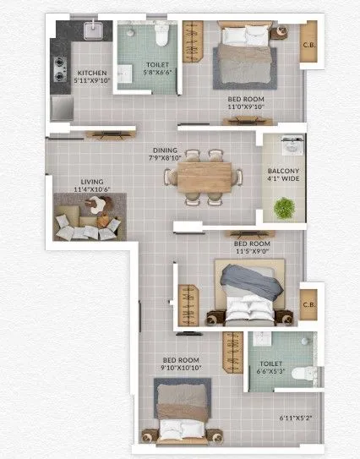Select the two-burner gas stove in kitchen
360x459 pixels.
60,67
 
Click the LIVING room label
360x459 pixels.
92,181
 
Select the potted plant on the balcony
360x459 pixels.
284,207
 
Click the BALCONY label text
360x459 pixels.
282,168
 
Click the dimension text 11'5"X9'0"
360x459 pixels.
253,252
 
